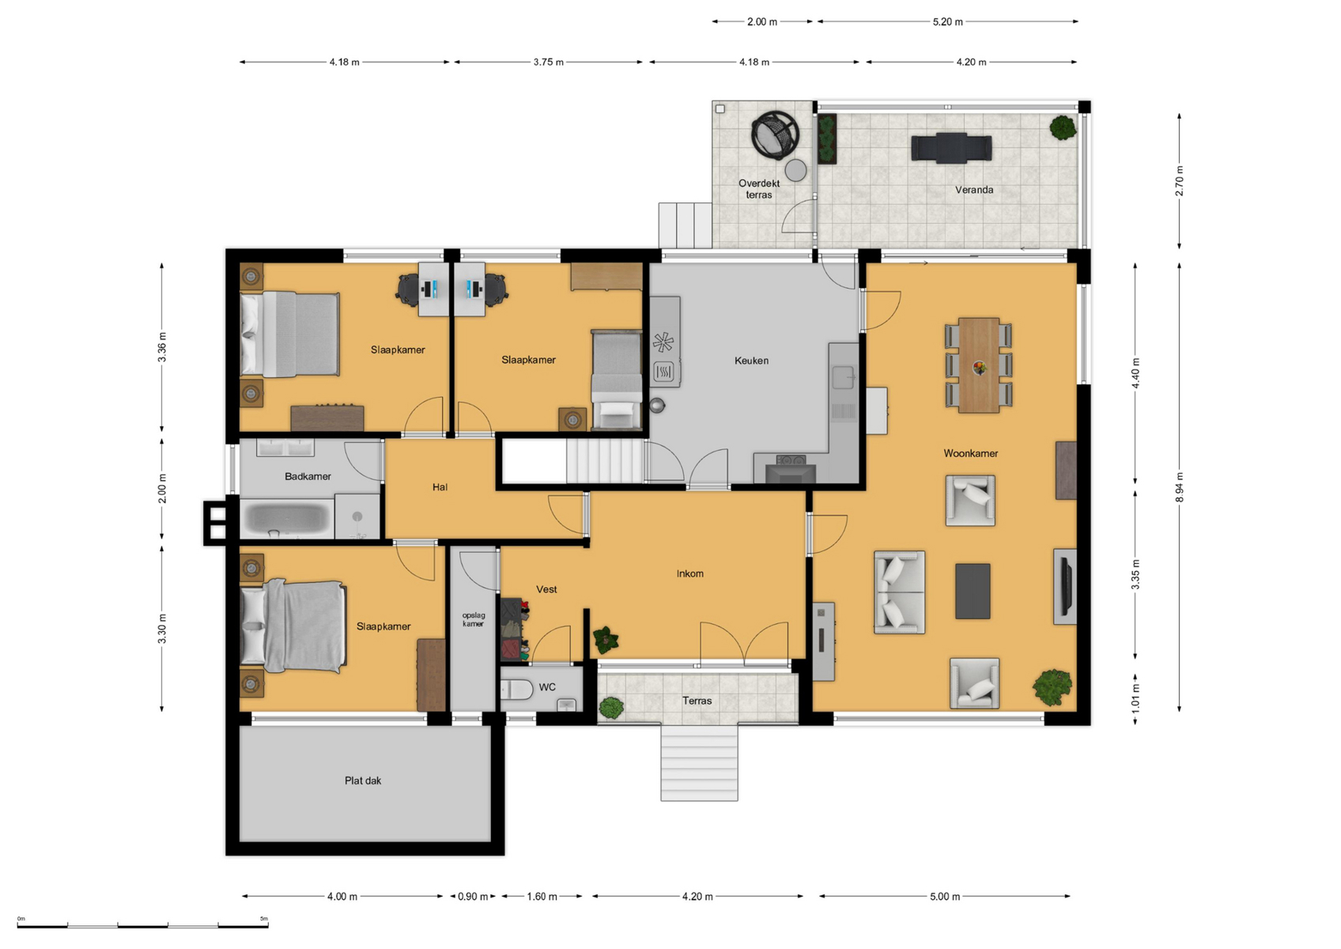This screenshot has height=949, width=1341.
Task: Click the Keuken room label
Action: point(751,361)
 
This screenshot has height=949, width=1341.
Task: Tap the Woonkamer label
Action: point(970,453)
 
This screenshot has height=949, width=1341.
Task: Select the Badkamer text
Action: point(308,477)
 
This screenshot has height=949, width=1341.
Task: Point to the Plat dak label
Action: point(363,781)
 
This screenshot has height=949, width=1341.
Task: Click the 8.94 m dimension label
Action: point(1180,487)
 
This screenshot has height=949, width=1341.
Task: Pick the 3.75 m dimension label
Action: point(549,62)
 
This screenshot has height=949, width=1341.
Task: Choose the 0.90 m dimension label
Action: point(473,896)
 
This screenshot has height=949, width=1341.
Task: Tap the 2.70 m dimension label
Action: point(1180,181)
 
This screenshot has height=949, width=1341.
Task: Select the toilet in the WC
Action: point(516,689)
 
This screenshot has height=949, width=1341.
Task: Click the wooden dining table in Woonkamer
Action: point(979,365)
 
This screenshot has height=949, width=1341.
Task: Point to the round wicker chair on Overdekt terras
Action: point(775,135)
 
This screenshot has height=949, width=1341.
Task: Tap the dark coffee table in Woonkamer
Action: point(973,591)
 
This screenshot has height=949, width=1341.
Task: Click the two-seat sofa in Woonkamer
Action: point(899,592)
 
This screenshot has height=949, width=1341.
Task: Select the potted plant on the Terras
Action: point(611,709)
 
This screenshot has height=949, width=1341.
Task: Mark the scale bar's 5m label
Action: point(264,918)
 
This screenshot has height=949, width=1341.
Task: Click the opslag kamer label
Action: point(473,619)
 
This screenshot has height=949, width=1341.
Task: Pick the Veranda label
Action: point(974,190)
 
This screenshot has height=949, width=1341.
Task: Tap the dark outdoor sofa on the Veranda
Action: point(951,147)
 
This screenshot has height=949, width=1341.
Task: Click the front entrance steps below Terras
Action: point(699,762)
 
